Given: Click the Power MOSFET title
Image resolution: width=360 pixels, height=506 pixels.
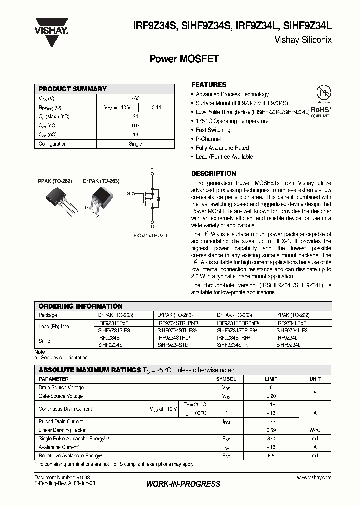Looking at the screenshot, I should [184, 59].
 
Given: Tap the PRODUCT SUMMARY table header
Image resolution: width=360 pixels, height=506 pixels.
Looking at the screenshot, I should [73, 89].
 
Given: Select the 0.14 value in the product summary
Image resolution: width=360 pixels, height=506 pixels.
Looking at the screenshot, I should [156, 107].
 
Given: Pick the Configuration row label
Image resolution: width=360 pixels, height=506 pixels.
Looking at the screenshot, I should [53, 144].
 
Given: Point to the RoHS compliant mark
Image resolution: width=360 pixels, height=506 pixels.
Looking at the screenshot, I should [322, 111].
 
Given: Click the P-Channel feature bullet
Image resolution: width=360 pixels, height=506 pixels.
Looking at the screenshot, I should [208, 139].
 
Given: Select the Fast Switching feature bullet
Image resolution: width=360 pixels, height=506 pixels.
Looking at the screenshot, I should [213, 130].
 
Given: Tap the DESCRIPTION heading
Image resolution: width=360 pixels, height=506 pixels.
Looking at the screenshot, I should [214, 173].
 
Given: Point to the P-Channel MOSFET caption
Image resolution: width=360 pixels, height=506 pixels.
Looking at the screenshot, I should [152, 235].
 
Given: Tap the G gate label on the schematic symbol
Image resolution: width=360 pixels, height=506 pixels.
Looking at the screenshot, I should [128, 193].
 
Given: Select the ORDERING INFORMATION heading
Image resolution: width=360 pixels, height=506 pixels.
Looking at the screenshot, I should [80, 306].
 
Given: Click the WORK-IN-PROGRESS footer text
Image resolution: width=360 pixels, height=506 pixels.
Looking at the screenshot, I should [183, 484].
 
